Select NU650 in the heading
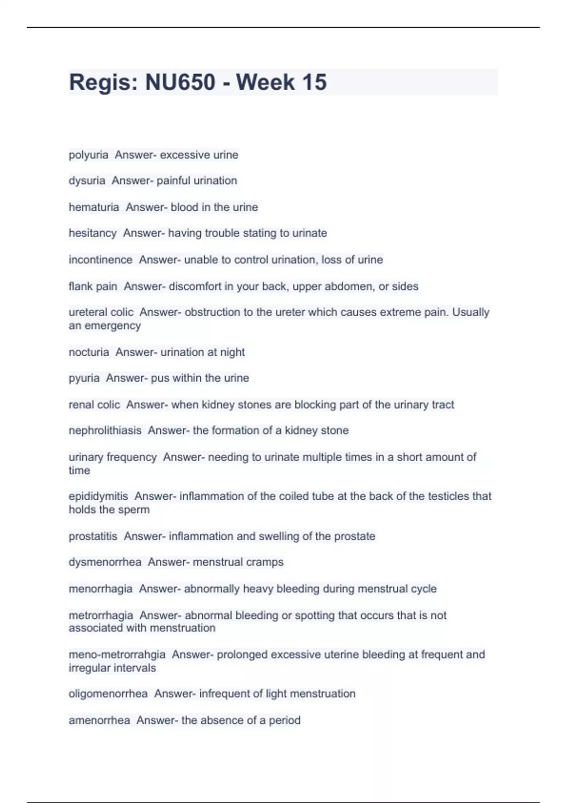coord(180,82)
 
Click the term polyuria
coord(88,155)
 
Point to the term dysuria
coord(87,180)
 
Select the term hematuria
coord(94,207)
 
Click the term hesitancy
coord(93,233)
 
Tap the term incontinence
coord(100,260)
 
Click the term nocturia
coord(89,352)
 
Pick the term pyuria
coord(84,378)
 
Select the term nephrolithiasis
coord(105,431)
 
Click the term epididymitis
coord(98,496)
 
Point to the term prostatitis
coord(93,537)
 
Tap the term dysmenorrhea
coord(105,562)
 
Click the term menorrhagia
coord(100,589)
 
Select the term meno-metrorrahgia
coord(117,655)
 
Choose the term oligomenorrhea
coord(108,694)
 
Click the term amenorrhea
coord(99,720)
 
